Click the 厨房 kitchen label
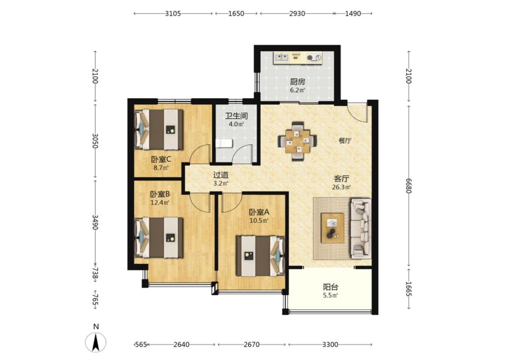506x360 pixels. coord(297,82)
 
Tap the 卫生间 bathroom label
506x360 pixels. coord(237,116)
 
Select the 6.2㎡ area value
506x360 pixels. coord(297,90)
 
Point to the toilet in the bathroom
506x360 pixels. coord(224,144)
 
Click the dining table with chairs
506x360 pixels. coord(298,141)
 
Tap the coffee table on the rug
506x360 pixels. coord(332,228)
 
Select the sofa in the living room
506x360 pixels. coord(360,229)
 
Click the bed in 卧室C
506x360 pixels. coord(159,130)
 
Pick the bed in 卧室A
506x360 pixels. coord(260,256)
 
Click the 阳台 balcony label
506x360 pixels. coord(331,287)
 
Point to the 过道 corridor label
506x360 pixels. coord(221,175)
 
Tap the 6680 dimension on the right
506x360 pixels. coord(408,186)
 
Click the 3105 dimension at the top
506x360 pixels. coord(173,13)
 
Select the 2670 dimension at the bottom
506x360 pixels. coord(251,345)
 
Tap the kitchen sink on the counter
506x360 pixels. coord(282,58)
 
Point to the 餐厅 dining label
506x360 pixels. coord(345,141)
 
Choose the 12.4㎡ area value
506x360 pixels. coord(160,203)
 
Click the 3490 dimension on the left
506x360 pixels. coord(95,222)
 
